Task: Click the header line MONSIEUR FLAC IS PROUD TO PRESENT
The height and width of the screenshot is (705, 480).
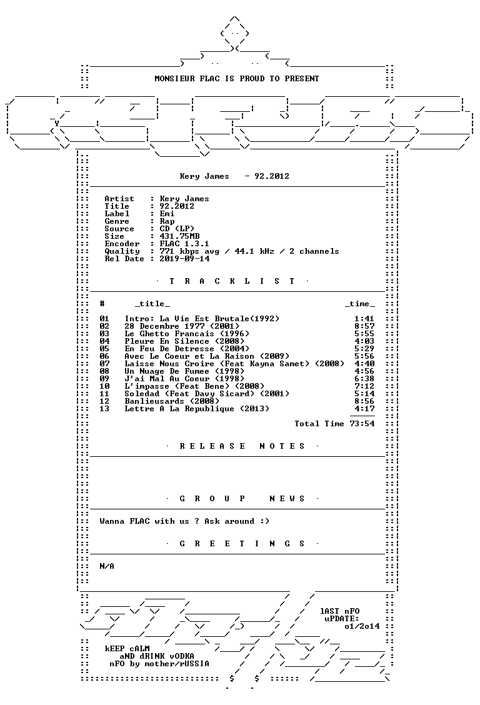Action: click(237, 79)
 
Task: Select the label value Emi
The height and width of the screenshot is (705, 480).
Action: click(167, 214)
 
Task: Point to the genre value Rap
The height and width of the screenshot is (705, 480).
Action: click(167, 222)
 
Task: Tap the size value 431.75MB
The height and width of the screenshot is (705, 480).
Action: click(180, 236)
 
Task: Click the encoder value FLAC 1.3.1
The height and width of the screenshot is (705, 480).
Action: click(184, 244)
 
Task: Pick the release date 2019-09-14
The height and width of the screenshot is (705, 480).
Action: click(184, 259)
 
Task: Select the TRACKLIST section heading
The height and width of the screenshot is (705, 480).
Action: click(232, 281)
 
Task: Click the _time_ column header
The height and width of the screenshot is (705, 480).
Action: click(360, 304)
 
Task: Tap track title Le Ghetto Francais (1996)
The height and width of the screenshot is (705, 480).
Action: click(187, 334)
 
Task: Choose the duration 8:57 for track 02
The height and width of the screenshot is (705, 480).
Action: click(364, 326)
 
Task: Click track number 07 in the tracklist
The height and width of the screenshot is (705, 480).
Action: click(104, 364)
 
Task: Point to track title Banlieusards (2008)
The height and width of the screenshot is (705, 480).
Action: click(172, 401)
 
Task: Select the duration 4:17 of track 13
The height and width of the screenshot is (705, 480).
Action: click(364, 409)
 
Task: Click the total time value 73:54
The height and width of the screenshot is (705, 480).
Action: click(362, 424)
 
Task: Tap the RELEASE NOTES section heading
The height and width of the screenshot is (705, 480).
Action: click(242, 446)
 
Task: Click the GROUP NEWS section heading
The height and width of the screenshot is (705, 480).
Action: click(242, 499)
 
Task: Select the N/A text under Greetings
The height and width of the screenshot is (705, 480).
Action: click(107, 566)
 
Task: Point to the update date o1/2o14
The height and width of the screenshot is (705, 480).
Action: click(362, 626)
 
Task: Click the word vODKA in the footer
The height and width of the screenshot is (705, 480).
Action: click(182, 656)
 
